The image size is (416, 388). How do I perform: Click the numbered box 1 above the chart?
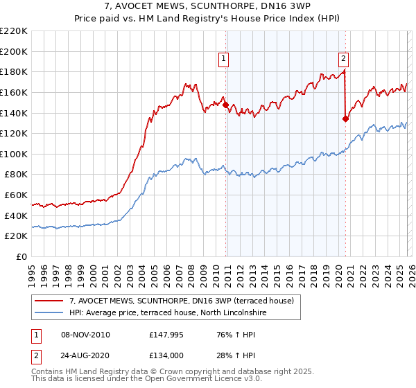click(224, 60)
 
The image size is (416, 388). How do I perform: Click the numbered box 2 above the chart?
click(343, 60)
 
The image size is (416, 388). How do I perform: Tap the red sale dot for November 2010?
click(225, 105)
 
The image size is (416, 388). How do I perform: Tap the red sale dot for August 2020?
click(345, 118)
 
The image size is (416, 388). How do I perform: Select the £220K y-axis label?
click(14, 31)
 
